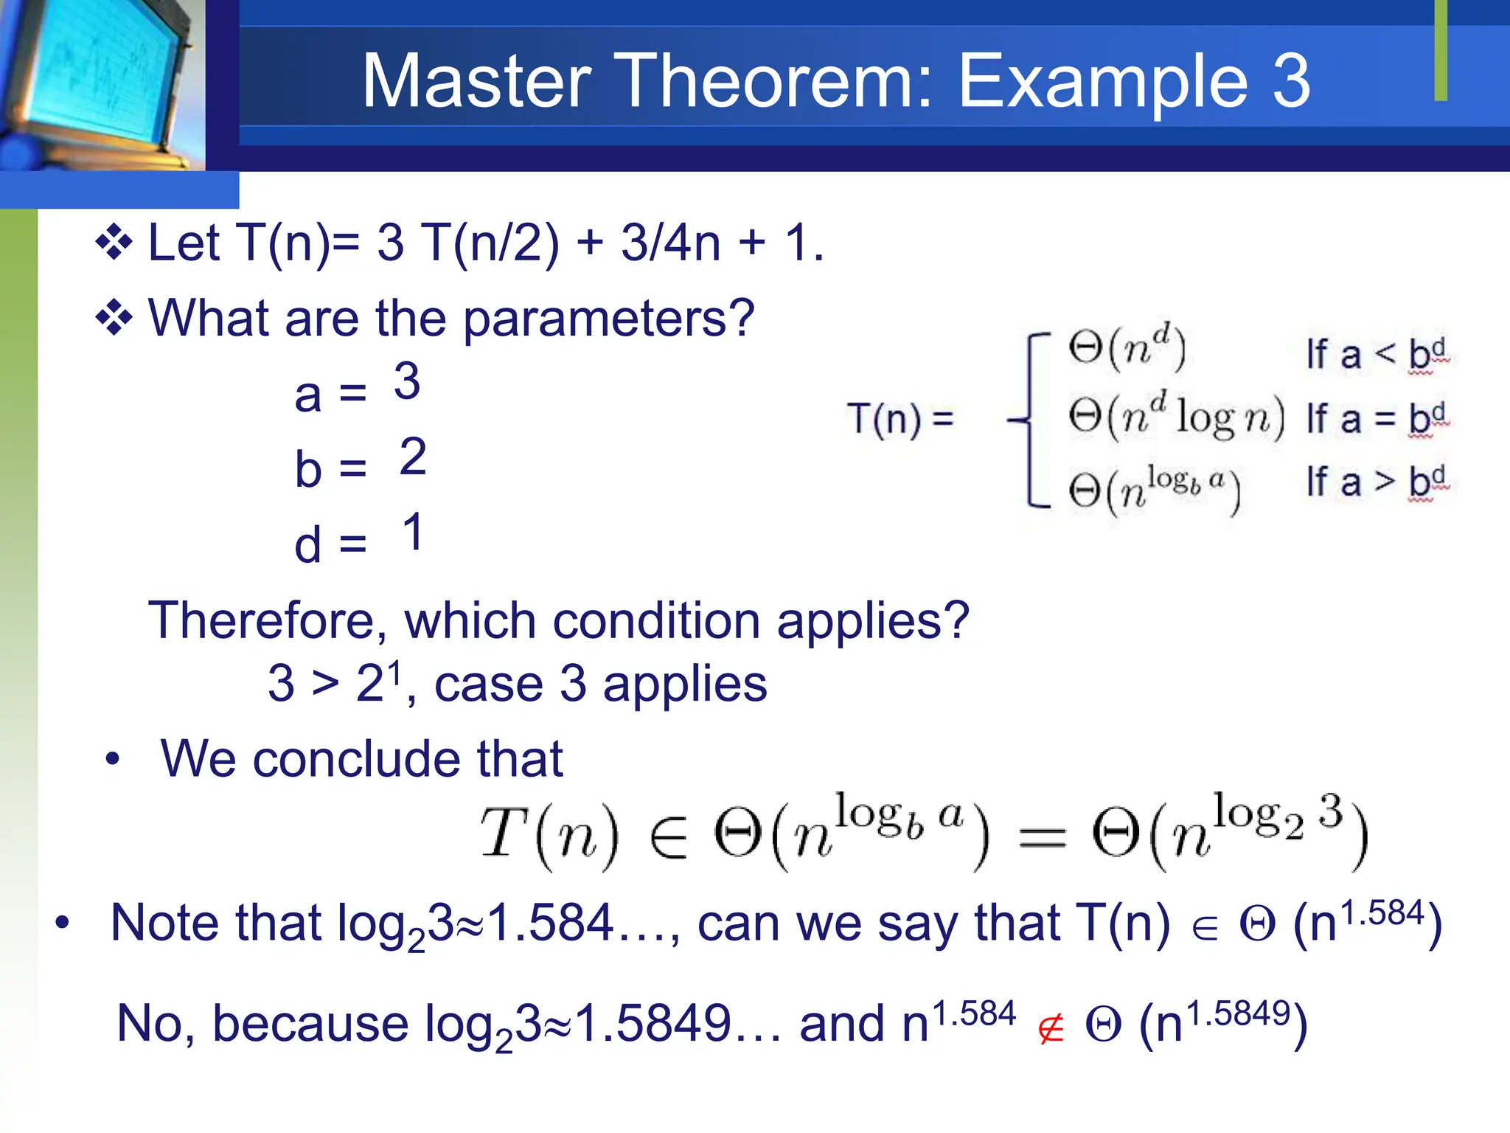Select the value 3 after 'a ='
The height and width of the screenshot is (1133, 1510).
pyautogui.click(x=407, y=382)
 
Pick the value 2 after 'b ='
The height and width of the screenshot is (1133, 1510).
pyautogui.click(x=413, y=457)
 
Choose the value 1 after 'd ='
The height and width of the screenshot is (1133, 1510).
pyautogui.click(x=413, y=533)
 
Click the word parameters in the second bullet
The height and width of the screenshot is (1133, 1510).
pyautogui.click(x=608, y=319)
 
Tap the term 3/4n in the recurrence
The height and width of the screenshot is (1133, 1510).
pyautogui.click(x=669, y=243)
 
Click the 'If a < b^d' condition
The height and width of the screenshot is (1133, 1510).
pyautogui.click(x=1376, y=355)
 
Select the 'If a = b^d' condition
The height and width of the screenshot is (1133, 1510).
pyautogui.click(x=1376, y=419)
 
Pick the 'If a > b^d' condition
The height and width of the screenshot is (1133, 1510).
pyautogui.click(x=1376, y=482)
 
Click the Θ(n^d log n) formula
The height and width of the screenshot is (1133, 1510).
pyautogui.click(x=1175, y=417)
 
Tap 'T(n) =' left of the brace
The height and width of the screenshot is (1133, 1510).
pyautogui.click(x=900, y=419)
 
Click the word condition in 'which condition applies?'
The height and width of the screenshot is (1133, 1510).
pyautogui.click(x=656, y=620)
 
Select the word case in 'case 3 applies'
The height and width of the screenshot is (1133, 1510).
pyautogui.click(x=488, y=685)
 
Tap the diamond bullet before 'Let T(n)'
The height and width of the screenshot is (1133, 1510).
pyautogui.click(x=114, y=242)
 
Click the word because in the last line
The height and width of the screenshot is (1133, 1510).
pyautogui.click(x=310, y=1024)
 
